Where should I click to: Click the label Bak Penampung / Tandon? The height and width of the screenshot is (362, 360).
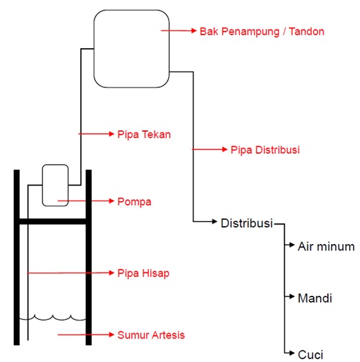262,32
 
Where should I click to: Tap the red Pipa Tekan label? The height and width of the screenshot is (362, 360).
144,134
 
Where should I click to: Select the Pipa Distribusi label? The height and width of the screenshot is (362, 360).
265,150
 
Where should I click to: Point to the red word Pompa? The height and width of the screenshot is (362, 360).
134,201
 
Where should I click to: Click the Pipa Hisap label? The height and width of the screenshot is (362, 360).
143,273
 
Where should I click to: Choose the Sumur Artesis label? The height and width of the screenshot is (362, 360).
151,335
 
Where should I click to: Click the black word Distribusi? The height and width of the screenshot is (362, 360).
247,223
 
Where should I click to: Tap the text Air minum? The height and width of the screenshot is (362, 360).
326,246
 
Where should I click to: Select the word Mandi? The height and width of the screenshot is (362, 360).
315,298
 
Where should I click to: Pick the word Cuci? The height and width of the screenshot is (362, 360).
310,354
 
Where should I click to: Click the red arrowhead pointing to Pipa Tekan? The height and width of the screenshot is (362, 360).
112,134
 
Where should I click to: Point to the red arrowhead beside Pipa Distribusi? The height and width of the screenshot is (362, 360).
225,150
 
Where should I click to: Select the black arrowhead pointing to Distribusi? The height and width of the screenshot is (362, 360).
214,221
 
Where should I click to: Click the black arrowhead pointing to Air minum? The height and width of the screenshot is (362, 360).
292,245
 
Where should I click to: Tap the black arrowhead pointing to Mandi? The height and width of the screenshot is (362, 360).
292,296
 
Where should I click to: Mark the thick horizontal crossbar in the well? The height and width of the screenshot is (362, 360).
52,221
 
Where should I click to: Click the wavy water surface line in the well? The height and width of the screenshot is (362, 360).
52,318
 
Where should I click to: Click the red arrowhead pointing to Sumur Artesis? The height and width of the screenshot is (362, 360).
112,334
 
